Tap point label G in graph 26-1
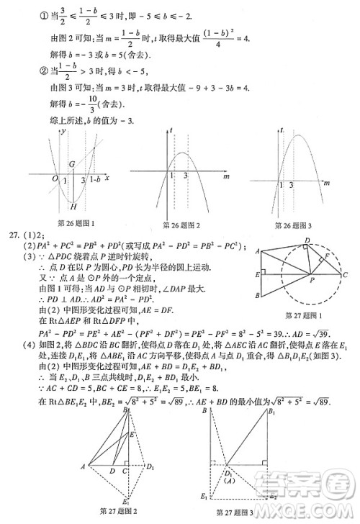[x=73, y=165]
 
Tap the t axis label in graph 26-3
[x=282, y=128]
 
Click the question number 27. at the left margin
[x=13, y=235]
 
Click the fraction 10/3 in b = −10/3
[x=72, y=103]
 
